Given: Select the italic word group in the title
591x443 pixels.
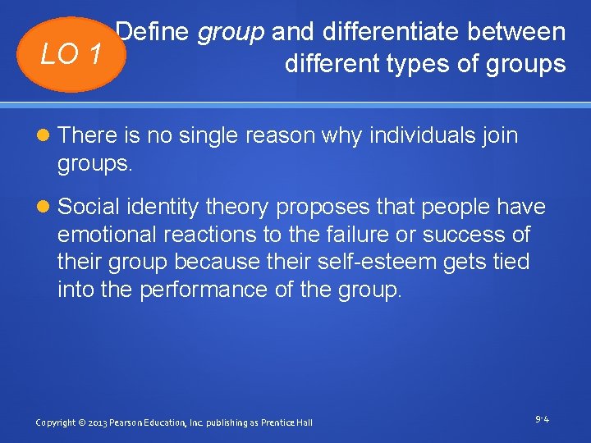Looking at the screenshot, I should [231, 32].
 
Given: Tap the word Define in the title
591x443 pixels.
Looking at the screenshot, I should [153, 32].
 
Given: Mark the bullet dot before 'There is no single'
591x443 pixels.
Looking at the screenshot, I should [43, 135].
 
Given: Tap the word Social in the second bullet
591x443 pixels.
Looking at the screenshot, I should [89, 208].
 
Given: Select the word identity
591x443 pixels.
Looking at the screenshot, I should [163, 208].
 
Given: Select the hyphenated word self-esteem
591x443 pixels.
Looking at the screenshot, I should [369, 263].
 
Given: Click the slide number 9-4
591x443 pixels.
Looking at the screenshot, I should [542, 419].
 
